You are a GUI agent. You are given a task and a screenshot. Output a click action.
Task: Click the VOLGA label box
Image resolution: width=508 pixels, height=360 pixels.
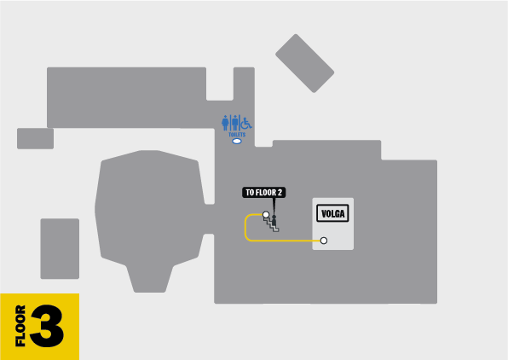[x=332, y=213]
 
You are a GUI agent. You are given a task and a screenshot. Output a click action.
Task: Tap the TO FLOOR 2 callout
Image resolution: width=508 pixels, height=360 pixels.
[x=263, y=192]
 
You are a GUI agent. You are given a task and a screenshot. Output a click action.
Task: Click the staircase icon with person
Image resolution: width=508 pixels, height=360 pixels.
[x=272, y=223]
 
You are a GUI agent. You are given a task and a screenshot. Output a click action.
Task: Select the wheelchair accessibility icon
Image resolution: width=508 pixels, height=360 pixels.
[x=246, y=123]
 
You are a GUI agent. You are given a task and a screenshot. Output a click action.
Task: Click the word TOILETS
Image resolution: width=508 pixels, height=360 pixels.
[x=237, y=134]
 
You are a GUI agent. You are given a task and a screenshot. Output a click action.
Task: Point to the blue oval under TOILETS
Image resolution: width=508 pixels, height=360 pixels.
[x=237, y=141]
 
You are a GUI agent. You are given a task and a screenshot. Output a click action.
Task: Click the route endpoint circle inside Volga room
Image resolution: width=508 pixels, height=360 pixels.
[x=324, y=241]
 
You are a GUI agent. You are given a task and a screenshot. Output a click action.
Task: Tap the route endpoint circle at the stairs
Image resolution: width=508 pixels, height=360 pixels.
[x=266, y=214]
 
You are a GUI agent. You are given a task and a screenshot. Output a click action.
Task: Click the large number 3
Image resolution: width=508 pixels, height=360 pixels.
[x=47, y=326]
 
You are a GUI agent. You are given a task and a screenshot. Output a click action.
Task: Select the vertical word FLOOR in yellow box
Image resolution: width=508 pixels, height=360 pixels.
[x=20, y=326]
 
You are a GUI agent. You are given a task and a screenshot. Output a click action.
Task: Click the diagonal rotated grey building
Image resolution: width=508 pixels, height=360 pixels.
[x=304, y=63]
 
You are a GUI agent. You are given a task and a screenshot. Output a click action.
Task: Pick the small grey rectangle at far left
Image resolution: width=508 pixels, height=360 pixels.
[x=35, y=138]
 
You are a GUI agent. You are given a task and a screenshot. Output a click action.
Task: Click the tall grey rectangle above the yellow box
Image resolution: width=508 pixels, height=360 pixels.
[x=60, y=248]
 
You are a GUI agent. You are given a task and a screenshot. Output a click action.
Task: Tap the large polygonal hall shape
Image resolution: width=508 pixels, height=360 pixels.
[x=150, y=221]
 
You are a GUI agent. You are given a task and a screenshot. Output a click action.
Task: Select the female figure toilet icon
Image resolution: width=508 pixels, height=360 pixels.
[x=225, y=123]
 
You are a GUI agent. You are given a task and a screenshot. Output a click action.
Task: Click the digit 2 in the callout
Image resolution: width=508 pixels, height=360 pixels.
[x=280, y=192]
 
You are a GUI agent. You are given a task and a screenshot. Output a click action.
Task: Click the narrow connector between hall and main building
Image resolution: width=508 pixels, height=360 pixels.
[x=210, y=219]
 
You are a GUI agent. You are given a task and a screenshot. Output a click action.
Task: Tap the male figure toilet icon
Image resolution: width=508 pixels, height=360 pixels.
[x=235, y=123]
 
